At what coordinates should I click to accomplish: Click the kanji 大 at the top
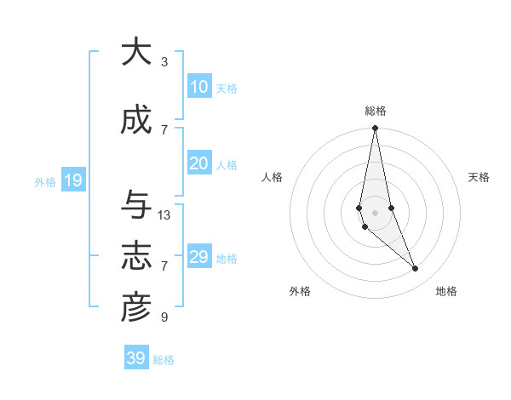click(136, 53)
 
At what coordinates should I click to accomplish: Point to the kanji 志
click(136, 257)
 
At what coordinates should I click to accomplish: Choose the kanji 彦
click(136, 308)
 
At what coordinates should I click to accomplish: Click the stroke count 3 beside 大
click(164, 62)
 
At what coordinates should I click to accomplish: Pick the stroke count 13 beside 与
click(164, 215)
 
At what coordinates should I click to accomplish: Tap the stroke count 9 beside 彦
click(164, 317)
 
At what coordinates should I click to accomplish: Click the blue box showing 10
click(198, 87)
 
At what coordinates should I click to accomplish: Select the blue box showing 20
click(198, 163)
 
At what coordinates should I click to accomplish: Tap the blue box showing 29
click(198, 257)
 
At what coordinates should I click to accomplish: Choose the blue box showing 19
click(72, 180)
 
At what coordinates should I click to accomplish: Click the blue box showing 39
click(135, 358)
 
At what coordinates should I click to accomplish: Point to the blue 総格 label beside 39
click(164, 360)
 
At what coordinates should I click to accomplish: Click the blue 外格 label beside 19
click(44, 182)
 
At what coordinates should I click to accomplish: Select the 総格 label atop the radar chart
click(376, 111)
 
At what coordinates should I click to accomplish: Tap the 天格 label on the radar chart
click(479, 177)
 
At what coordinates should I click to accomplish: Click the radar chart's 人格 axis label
click(273, 177)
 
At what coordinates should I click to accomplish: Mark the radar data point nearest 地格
click(416, 269)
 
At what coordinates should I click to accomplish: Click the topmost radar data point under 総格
click(375, 129)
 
